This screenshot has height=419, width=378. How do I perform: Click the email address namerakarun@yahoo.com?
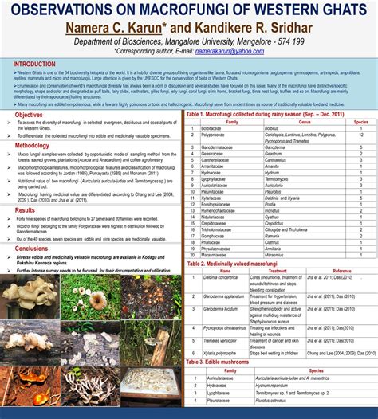tap(230, 51)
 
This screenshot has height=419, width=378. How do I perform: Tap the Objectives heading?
tap(30, 115)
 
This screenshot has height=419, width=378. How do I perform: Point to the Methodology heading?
tap(32, 146)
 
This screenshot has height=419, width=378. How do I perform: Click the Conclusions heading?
tap(32, 249)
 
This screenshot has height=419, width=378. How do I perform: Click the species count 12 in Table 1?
tap(361, 135)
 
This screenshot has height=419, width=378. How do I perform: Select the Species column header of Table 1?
tap(361, 122)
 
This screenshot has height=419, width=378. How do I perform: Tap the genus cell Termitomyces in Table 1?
tap(282, 179)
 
